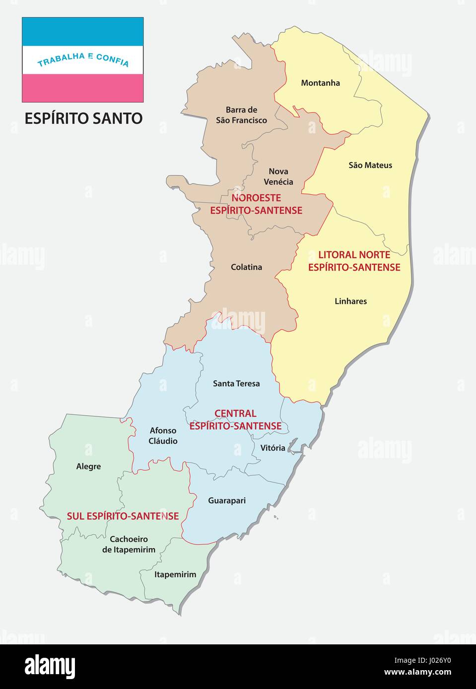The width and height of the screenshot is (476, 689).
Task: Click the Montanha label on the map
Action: (x=320, y=83)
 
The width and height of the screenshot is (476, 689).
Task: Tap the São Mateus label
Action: (x=370, y=165)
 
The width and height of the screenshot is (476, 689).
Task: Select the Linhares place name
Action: (x=350, y=301)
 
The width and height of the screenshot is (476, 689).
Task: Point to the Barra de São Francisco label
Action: (x=241, y=115)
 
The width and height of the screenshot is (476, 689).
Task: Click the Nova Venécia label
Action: (x=278, y=176)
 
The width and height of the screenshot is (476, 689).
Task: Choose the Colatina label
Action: (x=246, y=267)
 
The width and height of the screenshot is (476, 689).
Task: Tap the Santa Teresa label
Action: (x=236, y=383)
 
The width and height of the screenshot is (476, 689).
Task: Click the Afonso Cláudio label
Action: (x=163, y=436)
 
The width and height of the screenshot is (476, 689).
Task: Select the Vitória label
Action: (x=272, y=448)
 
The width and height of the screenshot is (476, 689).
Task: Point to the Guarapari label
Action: (x=227, y=501)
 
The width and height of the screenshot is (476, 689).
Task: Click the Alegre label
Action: (x=88, y=466)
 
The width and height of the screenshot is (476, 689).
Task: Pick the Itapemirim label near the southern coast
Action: (x=175, y=574)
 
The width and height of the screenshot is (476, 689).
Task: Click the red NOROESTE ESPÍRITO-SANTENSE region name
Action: (x=256, y=204)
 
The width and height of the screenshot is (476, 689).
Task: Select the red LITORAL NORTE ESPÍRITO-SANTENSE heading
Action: (x=354, y=261)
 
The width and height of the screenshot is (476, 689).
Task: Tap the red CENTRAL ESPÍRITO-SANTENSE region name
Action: (x=235, y=419)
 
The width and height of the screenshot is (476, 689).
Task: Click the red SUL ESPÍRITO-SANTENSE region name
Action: (x=123, y=516)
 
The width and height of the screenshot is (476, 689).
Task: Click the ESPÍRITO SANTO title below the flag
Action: (x=83, y=118)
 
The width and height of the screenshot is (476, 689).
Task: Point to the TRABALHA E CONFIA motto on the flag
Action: (x=83, y=60)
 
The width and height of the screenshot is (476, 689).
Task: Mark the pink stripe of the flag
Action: (x=82, y=88)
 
